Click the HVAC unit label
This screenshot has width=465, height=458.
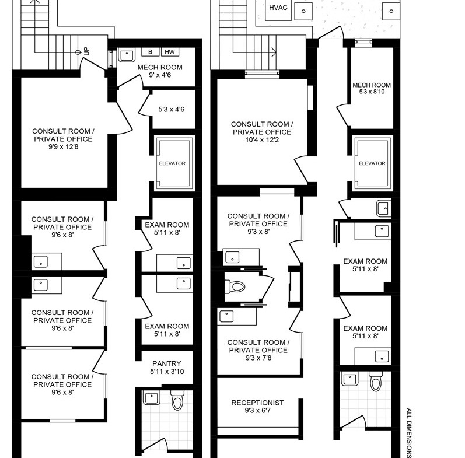278,8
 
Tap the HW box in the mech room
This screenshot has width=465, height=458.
170,52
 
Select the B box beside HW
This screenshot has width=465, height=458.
150,52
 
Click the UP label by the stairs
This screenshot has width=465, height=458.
86,51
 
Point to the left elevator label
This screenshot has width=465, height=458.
172,163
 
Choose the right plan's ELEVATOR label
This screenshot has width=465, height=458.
372,163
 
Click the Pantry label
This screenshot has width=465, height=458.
167,363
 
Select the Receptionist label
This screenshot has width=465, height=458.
257,403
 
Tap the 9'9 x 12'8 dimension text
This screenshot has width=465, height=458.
64,147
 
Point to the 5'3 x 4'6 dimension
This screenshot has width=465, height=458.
171,110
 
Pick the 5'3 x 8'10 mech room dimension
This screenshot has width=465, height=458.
372,92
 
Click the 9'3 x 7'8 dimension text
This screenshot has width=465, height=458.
258,358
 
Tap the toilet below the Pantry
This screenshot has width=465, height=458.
177,400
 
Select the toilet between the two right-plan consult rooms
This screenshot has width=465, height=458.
235,286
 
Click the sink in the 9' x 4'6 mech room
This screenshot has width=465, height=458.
127,55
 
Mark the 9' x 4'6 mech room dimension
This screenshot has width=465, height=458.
160,75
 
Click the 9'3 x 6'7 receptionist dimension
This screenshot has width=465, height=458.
257,411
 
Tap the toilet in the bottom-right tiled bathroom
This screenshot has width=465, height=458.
376,382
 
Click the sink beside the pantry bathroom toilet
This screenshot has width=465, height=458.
152,397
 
